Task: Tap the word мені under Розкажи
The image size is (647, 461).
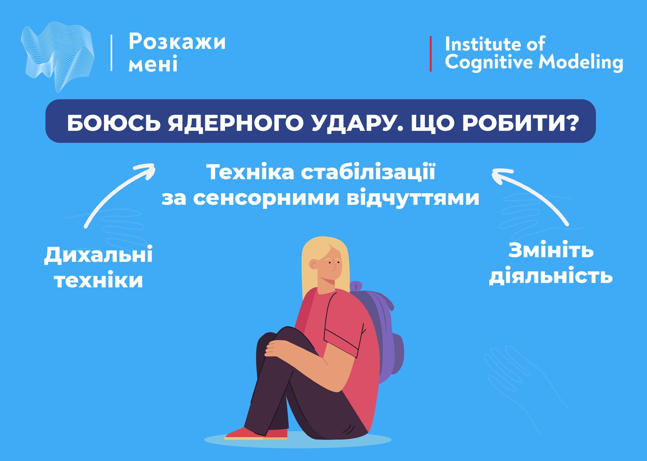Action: [x=153, y=64]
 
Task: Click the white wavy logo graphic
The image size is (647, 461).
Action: [x=58, y=57]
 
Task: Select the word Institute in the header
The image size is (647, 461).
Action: [x=482, y=44]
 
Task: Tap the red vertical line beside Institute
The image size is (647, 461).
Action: [x=431, y=54]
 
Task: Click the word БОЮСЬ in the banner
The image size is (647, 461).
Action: [x=114, y=123]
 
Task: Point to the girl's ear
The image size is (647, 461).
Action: [x=313, y=264]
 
